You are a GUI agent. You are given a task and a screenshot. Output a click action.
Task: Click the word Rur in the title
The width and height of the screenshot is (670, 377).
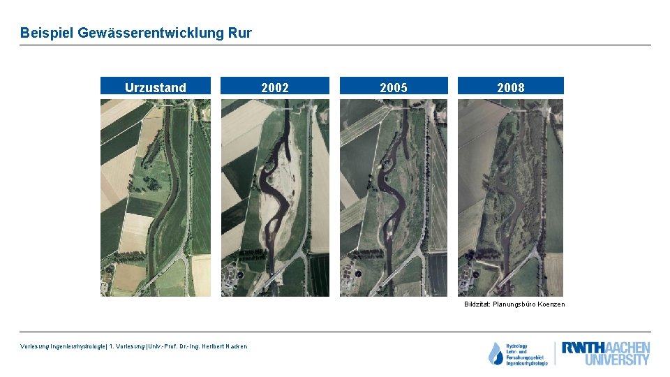point(239,33)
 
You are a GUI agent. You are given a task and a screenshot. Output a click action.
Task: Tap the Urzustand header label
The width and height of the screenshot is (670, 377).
point(156,87)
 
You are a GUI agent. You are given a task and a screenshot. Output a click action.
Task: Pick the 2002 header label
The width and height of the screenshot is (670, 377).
point(275,87)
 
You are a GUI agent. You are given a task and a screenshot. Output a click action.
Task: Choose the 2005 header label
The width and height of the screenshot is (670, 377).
point(394,87)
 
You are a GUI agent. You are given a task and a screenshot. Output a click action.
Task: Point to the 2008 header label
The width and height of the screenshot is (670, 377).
point(511,87)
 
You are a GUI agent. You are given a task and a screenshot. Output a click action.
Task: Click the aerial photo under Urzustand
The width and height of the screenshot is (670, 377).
point(156,198)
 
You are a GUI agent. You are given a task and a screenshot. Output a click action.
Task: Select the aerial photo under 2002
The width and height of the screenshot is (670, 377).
point(275,198)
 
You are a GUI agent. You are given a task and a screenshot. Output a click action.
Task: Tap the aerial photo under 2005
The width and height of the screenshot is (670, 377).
point(394,198)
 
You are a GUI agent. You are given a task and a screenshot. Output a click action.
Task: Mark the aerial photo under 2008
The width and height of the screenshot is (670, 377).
point(511,198)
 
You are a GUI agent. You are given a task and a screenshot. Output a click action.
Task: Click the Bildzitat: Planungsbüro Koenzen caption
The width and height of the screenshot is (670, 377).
point(514,304)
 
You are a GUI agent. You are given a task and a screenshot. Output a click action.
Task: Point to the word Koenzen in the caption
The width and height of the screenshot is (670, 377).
point(551,304)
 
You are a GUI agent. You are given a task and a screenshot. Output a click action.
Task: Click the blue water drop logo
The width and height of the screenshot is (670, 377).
point(496,354)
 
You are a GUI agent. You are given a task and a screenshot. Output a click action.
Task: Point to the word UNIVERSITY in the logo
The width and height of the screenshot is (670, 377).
point(617,360)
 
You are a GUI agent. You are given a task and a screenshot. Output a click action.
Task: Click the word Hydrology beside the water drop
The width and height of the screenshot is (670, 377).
point(518,346)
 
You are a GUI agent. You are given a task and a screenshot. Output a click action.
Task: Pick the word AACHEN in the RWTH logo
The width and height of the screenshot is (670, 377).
point(626,348)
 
